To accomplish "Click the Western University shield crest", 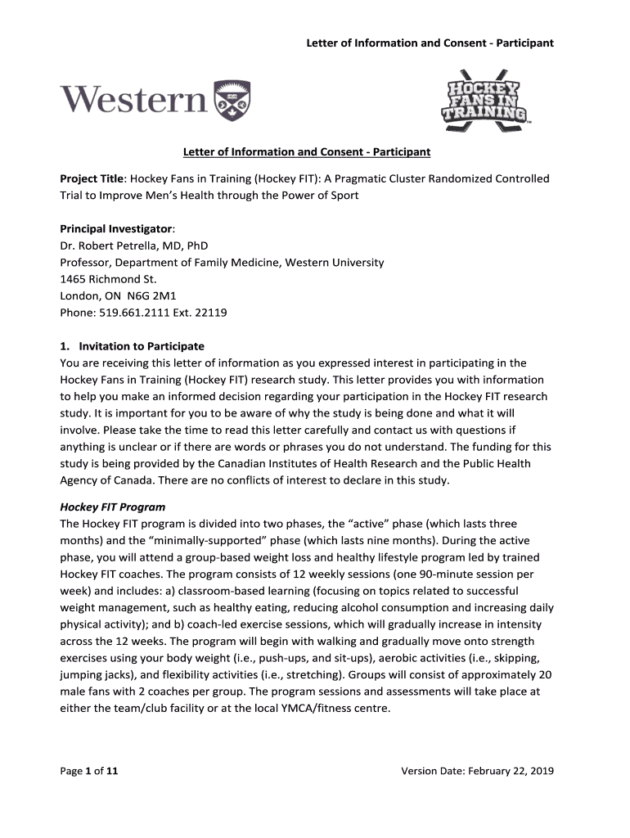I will pos(232,100).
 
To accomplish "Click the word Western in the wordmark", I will pos(133,101).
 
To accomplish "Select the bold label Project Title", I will pos(91,178).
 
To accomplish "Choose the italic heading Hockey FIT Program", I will pos(113,507).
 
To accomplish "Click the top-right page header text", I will pos(430,43).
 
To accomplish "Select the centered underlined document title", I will pos(306,152).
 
